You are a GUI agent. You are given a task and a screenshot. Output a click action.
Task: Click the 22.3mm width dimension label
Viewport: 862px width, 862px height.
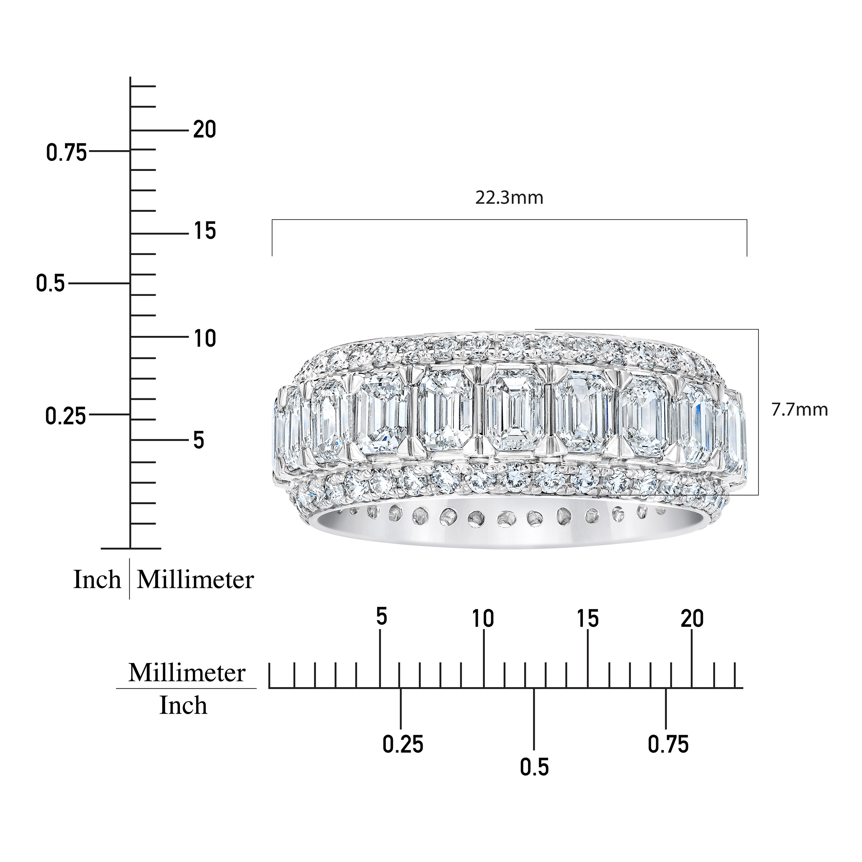click(509, 197)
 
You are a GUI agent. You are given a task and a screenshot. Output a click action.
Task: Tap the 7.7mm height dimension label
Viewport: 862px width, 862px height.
click(800, 409)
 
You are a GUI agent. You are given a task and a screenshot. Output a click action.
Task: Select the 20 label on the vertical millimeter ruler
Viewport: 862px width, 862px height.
click(204, 130)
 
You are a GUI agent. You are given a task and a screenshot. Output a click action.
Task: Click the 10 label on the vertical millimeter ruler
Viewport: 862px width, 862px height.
click(205, 339)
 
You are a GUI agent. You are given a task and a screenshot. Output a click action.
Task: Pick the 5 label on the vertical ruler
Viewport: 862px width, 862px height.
click(199, 440)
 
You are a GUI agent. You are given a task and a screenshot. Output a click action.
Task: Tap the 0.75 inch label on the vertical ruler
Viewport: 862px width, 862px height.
click(66, 153)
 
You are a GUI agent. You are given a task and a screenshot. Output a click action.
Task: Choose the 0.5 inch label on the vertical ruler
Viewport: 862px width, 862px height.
click(50, 284)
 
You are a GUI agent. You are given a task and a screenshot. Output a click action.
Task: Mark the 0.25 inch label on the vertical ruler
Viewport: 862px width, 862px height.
click(66, 416)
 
